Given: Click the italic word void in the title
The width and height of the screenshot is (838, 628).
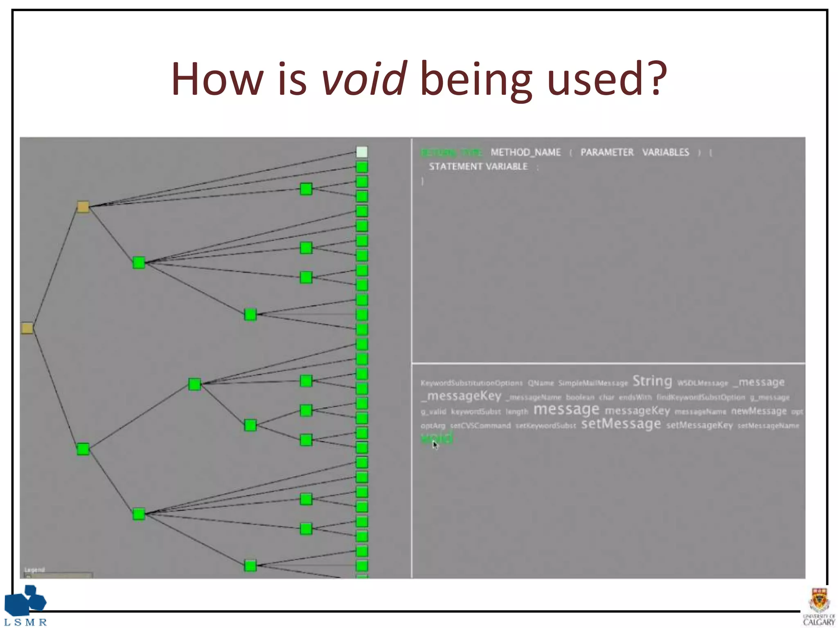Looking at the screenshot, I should click(364, 78).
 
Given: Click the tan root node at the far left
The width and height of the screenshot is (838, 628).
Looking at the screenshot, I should click(27, 328).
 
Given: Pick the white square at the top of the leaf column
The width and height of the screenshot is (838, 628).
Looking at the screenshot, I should click(362, 152).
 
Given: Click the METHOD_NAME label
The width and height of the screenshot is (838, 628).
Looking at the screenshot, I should click(525, 153).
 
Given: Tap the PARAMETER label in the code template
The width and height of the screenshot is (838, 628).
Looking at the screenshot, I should click(607, 153).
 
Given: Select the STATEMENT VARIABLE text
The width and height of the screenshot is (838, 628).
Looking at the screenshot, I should click(478, 167).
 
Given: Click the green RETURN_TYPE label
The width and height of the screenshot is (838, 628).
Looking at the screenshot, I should click(451, 153).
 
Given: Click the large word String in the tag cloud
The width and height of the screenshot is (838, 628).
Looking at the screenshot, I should click(652, 381).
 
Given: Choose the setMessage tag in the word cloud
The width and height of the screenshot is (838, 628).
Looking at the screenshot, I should click(621, 424).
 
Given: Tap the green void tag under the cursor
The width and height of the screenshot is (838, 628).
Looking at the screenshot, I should click(437, 438).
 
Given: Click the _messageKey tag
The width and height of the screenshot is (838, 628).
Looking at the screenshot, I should click(461, 396).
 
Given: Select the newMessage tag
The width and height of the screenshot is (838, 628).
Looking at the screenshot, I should click(759, 411).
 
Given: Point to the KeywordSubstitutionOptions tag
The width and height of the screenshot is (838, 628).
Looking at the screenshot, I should click(471, 383).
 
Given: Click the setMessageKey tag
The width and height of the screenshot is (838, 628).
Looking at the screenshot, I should click(699, 425).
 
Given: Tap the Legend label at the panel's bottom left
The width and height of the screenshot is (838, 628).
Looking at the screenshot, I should click(34, 570).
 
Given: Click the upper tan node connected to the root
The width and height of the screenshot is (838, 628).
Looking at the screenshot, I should click(83, 207).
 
